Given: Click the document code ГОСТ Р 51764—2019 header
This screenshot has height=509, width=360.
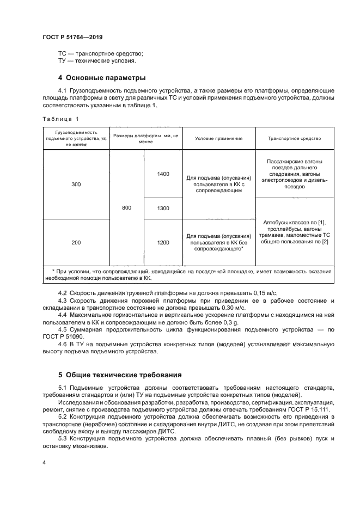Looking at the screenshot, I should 72,37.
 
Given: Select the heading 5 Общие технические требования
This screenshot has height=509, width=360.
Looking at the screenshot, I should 120,375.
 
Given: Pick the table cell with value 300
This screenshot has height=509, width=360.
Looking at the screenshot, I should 76,185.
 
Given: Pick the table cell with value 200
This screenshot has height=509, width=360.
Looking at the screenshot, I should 76,242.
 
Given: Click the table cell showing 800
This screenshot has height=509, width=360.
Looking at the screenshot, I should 127,207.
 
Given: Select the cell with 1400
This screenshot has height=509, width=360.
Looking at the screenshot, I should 163,174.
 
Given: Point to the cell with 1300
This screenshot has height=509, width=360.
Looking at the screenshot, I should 163,208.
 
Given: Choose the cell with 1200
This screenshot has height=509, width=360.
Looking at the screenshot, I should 163,242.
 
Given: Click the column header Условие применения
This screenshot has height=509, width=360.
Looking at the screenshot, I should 218,138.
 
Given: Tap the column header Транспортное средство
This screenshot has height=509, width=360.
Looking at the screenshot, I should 294,138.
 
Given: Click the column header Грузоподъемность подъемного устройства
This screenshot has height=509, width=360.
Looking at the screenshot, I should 76,138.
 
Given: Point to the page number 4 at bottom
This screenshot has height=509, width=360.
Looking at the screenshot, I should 44,462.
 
